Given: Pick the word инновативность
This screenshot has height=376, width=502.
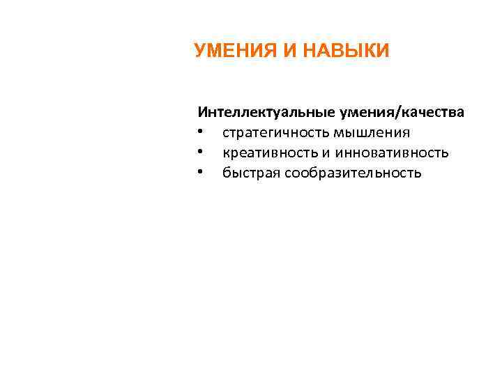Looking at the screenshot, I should click(x=391, y=152).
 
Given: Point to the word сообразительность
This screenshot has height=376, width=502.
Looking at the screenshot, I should click(x=352, y=173).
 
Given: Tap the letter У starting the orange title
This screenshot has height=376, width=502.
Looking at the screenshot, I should click(x=200, y=51).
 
